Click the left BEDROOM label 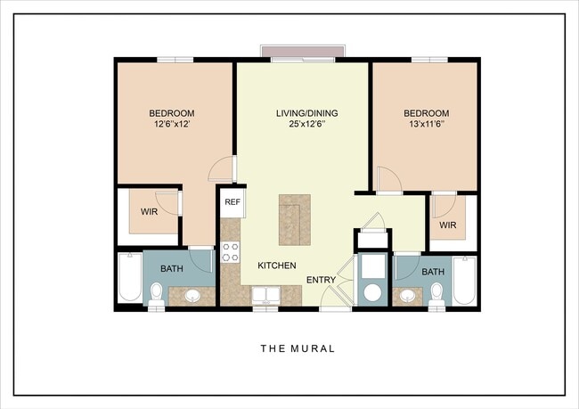(171, 113)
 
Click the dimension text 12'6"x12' (171, 125)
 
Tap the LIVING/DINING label (303, 113)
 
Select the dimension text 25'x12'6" (303, 125)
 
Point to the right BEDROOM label (426, 113)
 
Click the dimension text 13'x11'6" (426, 125)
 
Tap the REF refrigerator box (232, 202)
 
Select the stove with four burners (231, 252)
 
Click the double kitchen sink (265, 295)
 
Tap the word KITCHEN (277, 266)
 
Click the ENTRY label (321, 280)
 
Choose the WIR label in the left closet (150, 212)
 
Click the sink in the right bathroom (407, 295)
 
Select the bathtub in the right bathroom (464, 281)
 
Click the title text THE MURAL (298, 348)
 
